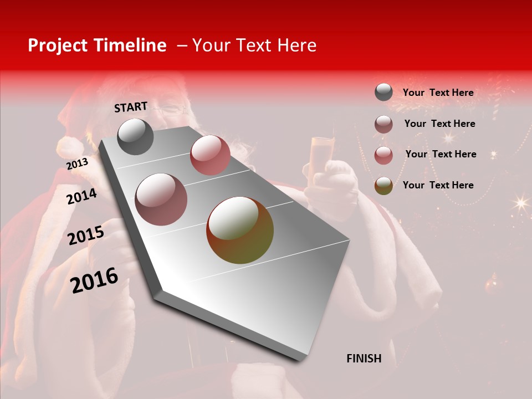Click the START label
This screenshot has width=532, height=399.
pyautogui.click(x=131, y=107)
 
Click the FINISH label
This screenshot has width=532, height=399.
pyautogui.click(x=364, y=359)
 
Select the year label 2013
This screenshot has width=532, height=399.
pyautogui.click(x=77, y=163)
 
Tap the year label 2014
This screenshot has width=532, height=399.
pyautogui.click(x=81, y=196)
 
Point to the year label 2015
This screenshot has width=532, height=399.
pyautogui.click(x=85, y=236)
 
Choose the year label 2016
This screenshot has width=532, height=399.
pyautogui.click(x=94, y=280)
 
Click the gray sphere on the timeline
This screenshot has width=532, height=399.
pyautogui.click(x=135, y=137)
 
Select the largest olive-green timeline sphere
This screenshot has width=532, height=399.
pyautogui.click(x=240, y=230)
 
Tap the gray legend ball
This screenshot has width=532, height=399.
pyautogui.click(x=383, y=93)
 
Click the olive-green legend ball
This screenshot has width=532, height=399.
pyautogui.click(x=383, y=185)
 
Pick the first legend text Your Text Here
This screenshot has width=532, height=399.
pyautogui.click(x=438, y=93)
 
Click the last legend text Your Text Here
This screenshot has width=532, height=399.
pyautogui.click(x=438, y=185)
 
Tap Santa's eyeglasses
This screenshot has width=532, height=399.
pyautogui.click(x=169, y=109)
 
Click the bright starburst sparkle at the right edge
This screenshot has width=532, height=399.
pyautogui.click(x=520, y=202)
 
